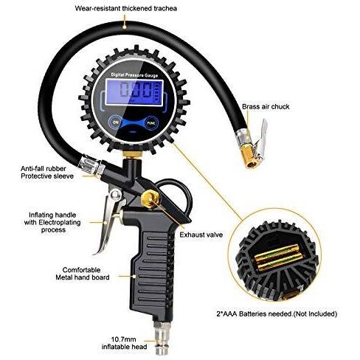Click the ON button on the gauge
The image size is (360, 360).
(x=116, y=122)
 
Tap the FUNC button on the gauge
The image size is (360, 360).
(x=150, y=123)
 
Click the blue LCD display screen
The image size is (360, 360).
(x=134, y=92)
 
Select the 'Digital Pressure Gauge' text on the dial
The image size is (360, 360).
(x=134, y=75)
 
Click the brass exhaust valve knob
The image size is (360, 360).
(x=150, y=198)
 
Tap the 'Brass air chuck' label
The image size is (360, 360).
(x=266, y=107)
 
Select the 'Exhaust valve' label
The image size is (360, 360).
(x=201, y=235)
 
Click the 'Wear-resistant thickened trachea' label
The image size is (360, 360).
(x=126, y=8)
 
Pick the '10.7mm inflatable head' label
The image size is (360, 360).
(x=124, y=343)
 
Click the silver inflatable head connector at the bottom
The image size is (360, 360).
(x=161, y=339)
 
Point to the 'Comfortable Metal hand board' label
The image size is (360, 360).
(x=82, y=274)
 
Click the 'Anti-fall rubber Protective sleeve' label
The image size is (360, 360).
(x=47, y=172)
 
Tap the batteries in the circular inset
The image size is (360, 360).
(x=278, y=257)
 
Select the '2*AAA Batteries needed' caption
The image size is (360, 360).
(x=277, y=314)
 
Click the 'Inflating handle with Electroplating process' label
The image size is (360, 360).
(x=52, y=222)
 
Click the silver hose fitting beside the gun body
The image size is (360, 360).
(x=91, y=165)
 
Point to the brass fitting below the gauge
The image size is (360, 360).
(x=132, y=154)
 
